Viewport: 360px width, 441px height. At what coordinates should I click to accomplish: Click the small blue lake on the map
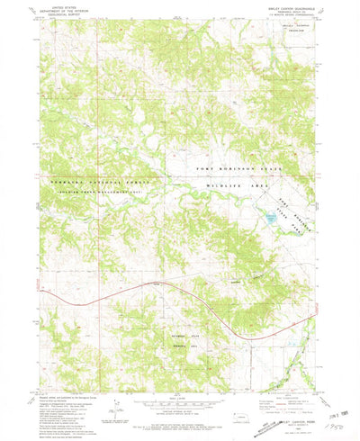(x=269, y=217)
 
